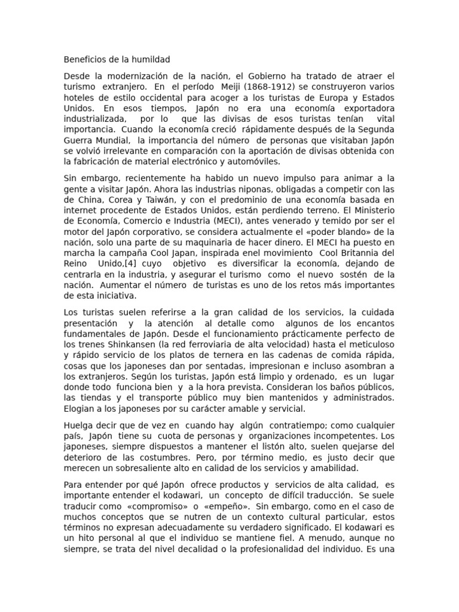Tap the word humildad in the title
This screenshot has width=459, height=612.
150,60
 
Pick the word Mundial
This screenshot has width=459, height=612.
111,140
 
